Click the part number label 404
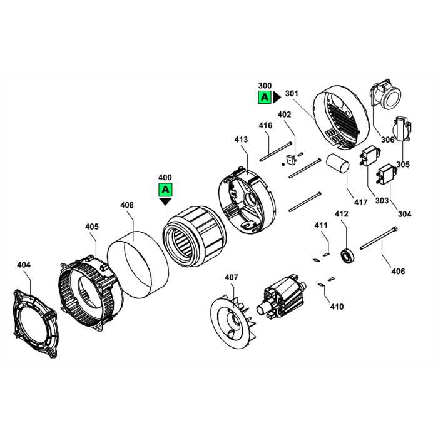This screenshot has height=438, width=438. pyautogui.click(x=23, y=265)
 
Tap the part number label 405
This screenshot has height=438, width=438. pyautogui.click(x=92, y=226)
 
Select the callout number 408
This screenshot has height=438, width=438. pyautogui.click(x=127, y=205)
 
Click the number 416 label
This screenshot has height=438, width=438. pyautogui.click(x=266, y=125)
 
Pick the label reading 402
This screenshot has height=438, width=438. pyautogui.click(x=285, y=115)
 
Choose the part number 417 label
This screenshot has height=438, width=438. pyautogui.click(x=361, y=201)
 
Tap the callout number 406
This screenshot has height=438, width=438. pyautogui.click(x=398, y=271)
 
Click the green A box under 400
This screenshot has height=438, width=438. pyautogui.click(x=165, y=189)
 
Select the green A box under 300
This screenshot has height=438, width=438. pyautogui.click(x=265, y=97)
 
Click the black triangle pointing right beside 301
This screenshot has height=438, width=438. pyautogui.click(x=277, y=97)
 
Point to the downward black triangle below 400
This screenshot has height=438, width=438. pyautogui.click(x=165, y=201)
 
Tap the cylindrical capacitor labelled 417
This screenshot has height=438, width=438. pyautogui.click(x=339, y=166)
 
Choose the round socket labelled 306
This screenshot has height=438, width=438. pyautogui.click(x=387, y=98)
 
